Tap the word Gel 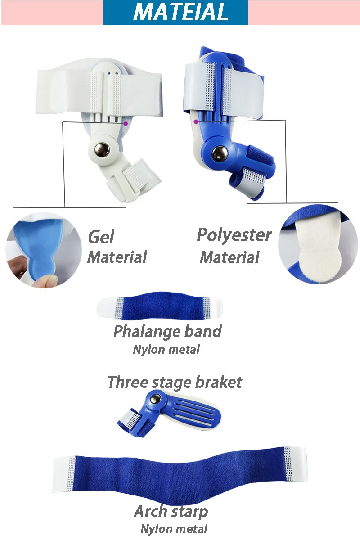click(x=101, y=237)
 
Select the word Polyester click(x=234, y=235)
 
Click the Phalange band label click(x=167, y=332)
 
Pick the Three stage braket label click(x=175, y=382)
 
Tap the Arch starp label click(x=171, y=512)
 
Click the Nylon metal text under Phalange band click(x=166, y=349)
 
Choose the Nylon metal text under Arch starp click(x=174, y=529)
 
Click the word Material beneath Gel click(x=117, y=257)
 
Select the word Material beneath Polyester click(x=229, y=258)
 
